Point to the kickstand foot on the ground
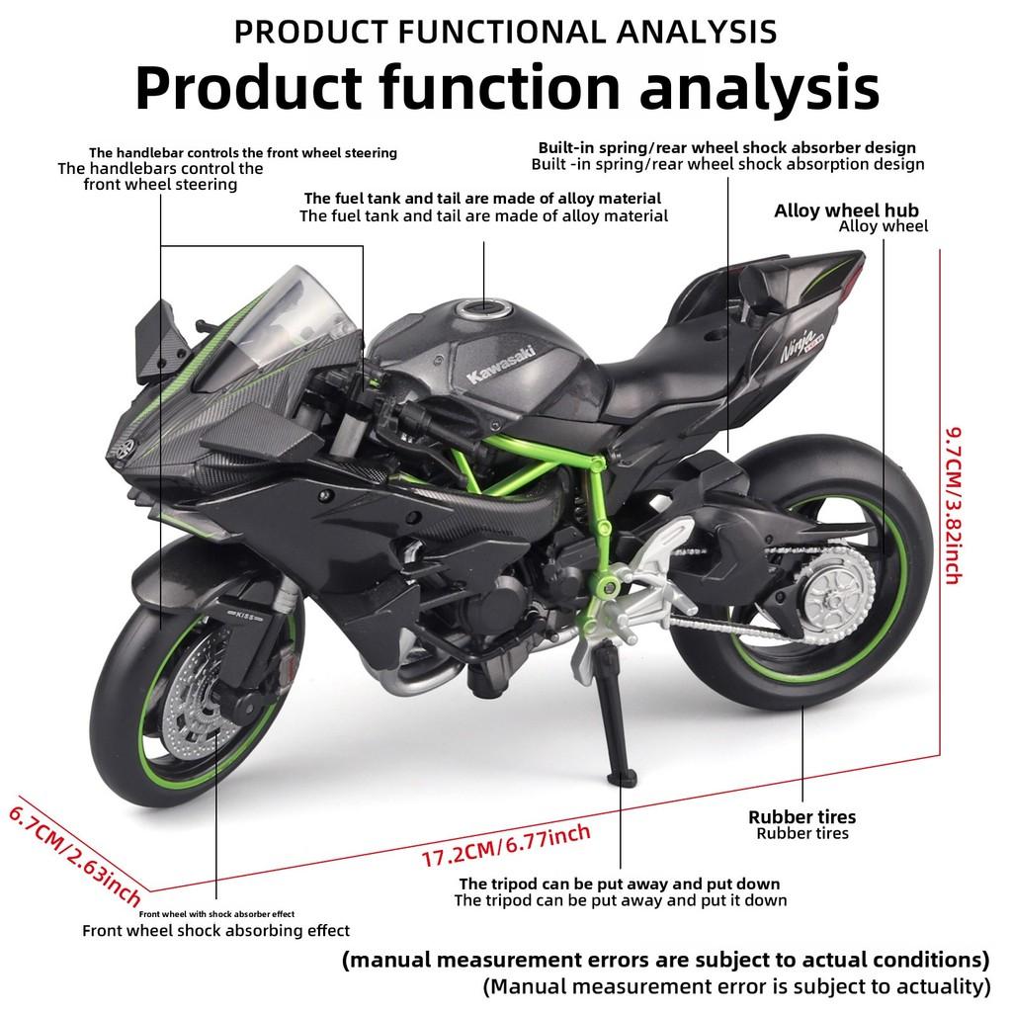[x=626, y=777]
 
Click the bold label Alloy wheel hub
[x=846, y=210]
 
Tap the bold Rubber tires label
[x=801, y=816]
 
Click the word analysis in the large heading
[x=759, y=87]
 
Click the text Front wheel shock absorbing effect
[x=215, y=930]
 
